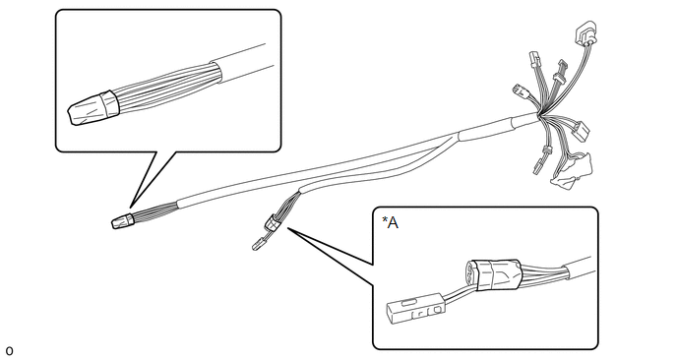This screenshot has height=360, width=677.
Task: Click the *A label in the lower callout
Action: (x=390, y=222)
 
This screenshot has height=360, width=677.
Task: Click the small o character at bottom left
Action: (x=9, y=351)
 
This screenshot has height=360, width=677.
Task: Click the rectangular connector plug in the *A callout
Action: (x=414, y=308)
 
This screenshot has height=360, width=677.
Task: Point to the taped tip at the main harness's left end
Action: (x=123, y=220)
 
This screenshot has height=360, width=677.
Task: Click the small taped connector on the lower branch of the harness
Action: (x=272, y=222)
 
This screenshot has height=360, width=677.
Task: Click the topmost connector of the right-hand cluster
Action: (x=585, y=32)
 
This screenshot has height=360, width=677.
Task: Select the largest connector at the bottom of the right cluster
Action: (x=572, y=169)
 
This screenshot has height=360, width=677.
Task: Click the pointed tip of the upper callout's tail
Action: (x=130, y=208)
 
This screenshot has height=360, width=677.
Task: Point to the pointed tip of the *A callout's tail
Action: (x=288, y=228)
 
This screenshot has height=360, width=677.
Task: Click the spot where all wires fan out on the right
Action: (x=539, y=115)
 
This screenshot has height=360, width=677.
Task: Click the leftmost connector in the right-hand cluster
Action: (x=519, y=90)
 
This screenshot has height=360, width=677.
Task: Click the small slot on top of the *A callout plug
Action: (x=409, y=303)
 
